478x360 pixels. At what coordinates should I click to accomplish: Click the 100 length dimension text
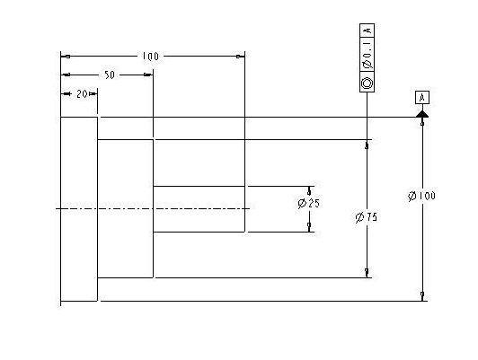151,57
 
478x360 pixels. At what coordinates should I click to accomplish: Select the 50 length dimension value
110,75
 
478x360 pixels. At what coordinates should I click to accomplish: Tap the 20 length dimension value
82,93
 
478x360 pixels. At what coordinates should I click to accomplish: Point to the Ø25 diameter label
309,203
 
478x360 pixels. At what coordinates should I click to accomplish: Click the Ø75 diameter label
367,217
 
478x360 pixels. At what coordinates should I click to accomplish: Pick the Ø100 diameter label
421,196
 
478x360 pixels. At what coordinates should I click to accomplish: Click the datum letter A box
422,98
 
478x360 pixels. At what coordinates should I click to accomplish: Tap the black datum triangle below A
422,114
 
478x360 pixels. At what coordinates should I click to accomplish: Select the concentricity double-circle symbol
367,83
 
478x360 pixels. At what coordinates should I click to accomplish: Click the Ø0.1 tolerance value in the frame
367,55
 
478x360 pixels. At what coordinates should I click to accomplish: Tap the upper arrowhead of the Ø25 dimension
309,191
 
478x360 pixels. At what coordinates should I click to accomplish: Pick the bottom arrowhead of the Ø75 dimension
367,273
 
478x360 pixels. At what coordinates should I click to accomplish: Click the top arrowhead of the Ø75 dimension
367,145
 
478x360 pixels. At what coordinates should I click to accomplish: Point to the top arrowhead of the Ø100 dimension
422,121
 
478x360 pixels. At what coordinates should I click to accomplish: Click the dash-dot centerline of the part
153,208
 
